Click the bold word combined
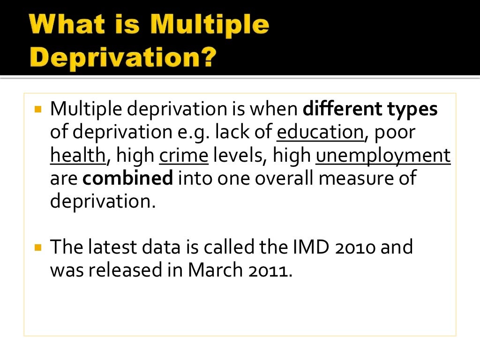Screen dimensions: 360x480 click(x=128, y=179)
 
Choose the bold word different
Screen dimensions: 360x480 click(x=342, y=110)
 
